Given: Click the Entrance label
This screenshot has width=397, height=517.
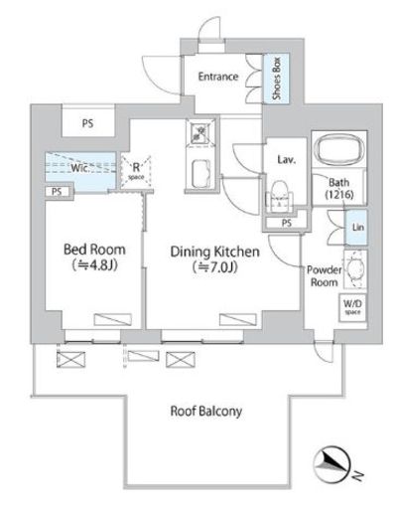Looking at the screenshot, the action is (218, 77).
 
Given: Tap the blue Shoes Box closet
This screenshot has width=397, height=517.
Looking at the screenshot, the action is (276, 79).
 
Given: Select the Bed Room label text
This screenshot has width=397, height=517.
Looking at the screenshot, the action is (94, 250).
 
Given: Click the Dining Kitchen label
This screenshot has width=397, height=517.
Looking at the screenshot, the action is (214, 252).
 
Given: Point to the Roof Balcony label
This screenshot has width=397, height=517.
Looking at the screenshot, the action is (205, 412).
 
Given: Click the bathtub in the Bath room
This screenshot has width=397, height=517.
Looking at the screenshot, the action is (339, 149).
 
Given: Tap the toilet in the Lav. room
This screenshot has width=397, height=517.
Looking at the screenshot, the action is (280, 196).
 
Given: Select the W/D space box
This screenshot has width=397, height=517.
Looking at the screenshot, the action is (352, 307).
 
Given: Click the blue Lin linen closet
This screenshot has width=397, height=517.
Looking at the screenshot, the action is (355, 228).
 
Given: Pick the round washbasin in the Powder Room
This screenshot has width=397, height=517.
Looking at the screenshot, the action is (355, 269).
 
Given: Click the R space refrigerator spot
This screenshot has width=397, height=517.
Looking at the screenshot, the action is (136, 171).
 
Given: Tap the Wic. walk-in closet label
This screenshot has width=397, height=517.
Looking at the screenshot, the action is (80, 168).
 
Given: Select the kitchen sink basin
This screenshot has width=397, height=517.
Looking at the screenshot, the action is (200, 174).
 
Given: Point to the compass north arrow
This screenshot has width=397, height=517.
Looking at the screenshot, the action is (331, 464).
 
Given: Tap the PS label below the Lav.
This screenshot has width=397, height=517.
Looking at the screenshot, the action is (287, 223).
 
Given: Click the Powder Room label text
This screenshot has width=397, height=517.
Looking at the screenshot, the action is (325, 275).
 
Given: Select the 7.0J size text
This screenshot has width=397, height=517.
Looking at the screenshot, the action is (215, 266).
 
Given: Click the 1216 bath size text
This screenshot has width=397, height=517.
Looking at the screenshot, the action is (339, 195).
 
